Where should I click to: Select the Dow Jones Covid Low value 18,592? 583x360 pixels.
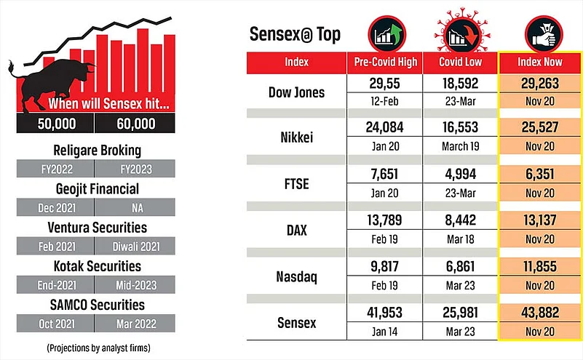point(459,84)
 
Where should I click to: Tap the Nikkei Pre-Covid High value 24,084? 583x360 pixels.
point(386,128)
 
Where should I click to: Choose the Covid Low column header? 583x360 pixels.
point(459,62)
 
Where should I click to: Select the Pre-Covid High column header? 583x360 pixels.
point(386,62)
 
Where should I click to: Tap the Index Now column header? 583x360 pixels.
point(539,62)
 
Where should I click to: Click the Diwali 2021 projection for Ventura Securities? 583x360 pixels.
point(136,246)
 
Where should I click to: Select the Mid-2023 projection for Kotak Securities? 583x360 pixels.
point(136,285)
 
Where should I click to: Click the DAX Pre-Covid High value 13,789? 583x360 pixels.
point(386,216)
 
